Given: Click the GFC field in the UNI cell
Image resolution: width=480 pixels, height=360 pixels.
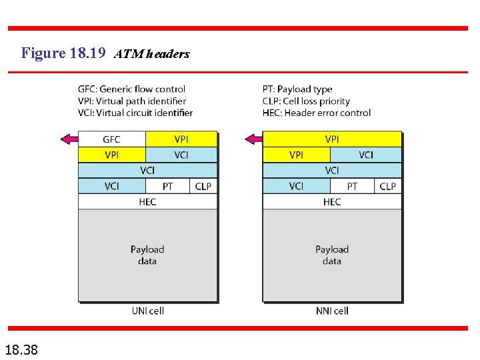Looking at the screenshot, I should coord(112,139).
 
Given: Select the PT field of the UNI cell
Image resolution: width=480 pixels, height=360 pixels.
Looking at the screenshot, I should coord(167,187).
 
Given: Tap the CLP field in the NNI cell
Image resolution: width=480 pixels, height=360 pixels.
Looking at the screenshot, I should coord(388,187).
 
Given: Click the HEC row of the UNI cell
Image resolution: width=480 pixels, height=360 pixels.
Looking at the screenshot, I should coord(147,202).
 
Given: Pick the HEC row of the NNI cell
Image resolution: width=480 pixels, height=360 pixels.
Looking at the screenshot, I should coord(332,202).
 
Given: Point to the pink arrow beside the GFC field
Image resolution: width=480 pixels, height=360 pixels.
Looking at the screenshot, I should coord(69,139).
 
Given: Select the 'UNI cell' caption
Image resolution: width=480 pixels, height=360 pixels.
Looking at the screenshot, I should coord(147,311).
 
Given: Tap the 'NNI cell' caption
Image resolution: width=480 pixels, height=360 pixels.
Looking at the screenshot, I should coord(332,311).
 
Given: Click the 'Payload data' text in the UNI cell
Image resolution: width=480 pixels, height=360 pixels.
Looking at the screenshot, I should coord(147,255).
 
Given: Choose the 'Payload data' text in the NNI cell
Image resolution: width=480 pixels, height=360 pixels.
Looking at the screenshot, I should coord(332,255).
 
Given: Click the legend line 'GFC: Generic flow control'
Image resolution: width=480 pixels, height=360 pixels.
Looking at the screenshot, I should coord(131,89).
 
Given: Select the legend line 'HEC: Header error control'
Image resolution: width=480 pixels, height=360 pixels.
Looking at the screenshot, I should coord(317,113).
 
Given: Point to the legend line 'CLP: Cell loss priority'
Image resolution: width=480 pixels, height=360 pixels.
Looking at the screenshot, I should coord(306,101).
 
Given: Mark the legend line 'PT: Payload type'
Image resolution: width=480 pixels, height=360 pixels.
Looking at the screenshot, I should coord(297,89).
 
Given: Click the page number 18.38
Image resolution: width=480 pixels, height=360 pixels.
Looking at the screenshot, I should coord(21,348).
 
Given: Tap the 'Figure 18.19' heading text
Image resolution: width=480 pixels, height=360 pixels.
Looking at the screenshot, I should coord(63,53).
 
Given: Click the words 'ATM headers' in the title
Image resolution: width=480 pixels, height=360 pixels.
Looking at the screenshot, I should coord(152,54).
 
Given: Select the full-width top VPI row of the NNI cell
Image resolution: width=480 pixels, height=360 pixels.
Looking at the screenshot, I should coord(332,139).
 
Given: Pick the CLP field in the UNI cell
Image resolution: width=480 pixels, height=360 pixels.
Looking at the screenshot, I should coord(203,187).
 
